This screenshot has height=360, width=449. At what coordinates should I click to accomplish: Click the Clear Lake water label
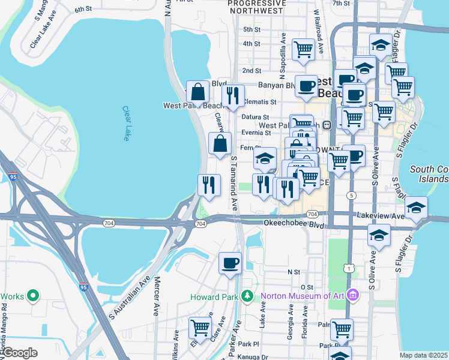[x=127, y=124]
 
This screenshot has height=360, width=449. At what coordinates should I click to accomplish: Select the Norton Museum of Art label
[x=304, y=296]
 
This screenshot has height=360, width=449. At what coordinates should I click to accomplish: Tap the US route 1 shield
[x=348, y=268]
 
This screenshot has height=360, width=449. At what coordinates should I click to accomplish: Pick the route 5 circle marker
[x=351, y=196]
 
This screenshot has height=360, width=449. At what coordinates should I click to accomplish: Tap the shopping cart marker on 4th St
[x=304, y=49]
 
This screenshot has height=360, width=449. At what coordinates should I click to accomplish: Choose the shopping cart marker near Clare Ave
[x=200, y=328]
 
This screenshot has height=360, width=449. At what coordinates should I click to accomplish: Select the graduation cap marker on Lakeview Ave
[x=416, y=208]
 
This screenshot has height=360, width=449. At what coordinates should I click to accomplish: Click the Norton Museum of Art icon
[x=353, y=296]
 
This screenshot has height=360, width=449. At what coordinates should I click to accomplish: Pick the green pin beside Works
[x=34, y=296]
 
